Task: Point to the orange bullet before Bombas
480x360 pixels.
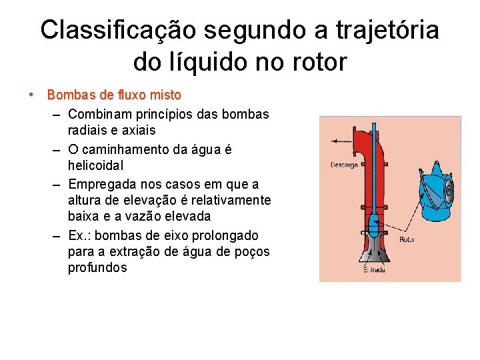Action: pyautogui.click(x=31, y=95)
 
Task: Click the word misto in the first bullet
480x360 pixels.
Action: pyautogui.click(x=165, y=95)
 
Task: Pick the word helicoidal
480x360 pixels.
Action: pyautogui.click(x=97, y=164)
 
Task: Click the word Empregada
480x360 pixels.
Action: pyautogui.click(x=103, y=183)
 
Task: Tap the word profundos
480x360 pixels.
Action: pyautogui.click(x=97, y=268)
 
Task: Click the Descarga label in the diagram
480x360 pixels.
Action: pyautogui.click(x=344, y=165)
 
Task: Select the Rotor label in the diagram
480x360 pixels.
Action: pyautogui.click(x=408, y=239)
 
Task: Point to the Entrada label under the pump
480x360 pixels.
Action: pyautogui.click(x=374, y=270)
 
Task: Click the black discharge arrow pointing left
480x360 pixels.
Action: pyautogui.click(x=343, y=141)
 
